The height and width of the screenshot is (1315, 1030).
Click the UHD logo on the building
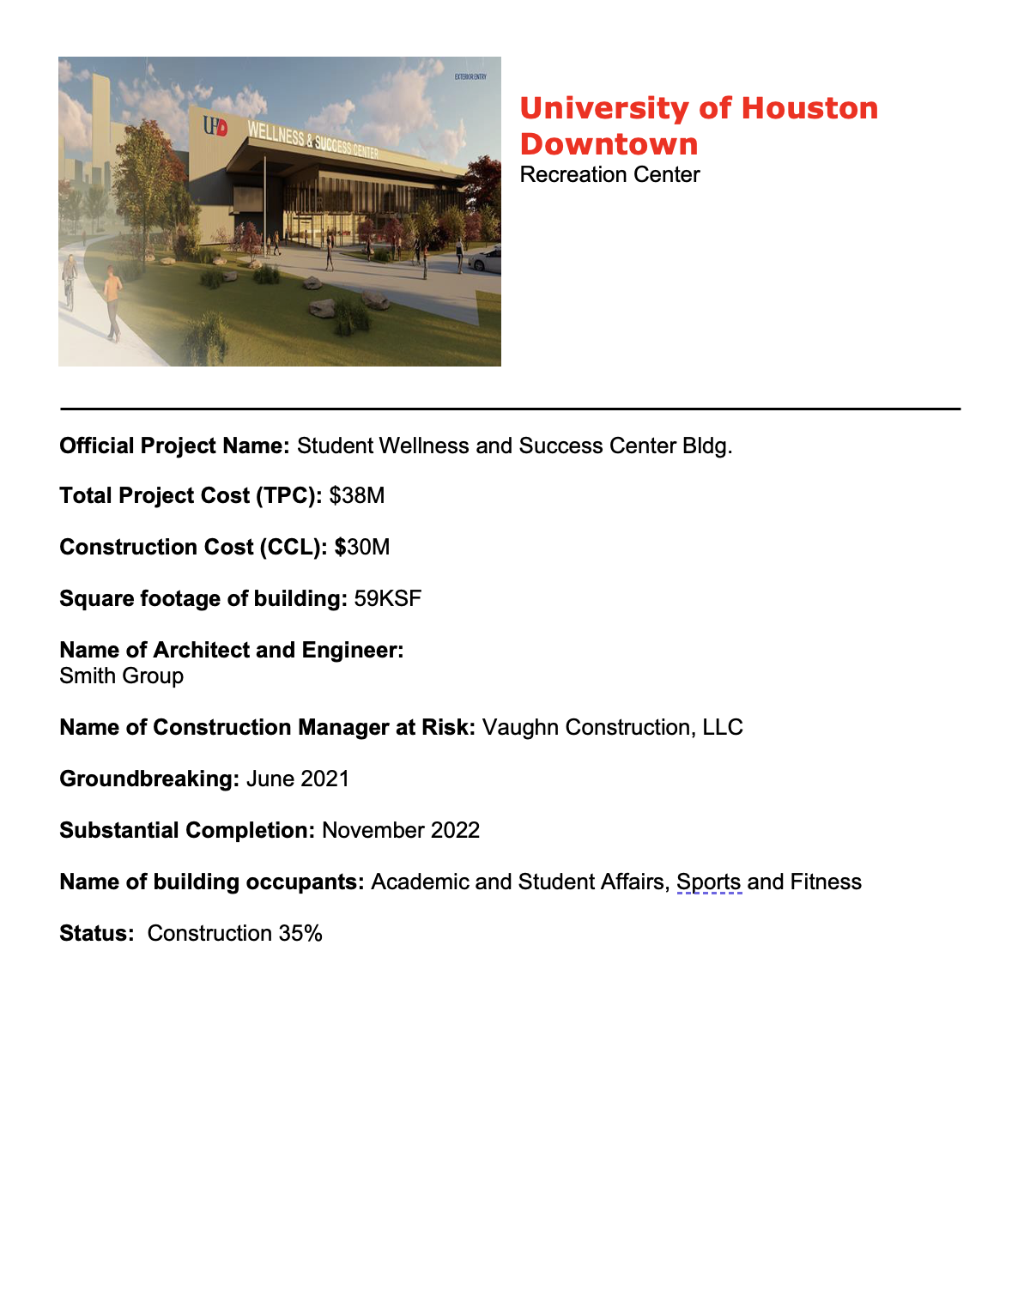click(215, 127)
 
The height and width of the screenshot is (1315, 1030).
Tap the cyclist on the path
click(70, 281)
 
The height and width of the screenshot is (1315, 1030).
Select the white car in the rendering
click(487, 258)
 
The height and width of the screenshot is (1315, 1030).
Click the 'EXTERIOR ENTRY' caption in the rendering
click(470, 77)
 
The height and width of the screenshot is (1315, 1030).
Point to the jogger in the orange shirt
click(112, 301)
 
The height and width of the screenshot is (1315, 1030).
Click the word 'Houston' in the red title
click(809, 108)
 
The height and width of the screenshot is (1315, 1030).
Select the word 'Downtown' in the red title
click(609, 144)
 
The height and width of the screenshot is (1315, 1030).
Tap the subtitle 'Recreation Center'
click(609, 175)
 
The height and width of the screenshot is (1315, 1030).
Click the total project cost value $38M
click(357, 496)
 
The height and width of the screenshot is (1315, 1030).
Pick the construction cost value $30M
click(363, 548)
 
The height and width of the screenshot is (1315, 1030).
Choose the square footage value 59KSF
click(388, 599)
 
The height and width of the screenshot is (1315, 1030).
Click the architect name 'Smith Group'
click(122, 676)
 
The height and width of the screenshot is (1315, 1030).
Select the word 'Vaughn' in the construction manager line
click(520, 728)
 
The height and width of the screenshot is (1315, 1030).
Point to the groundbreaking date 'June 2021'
click(298, 779)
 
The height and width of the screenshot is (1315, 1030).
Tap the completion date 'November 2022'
click(401, 831)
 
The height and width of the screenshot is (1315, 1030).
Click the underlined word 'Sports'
click(708, 882)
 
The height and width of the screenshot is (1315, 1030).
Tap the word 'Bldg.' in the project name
click(707, 446)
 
